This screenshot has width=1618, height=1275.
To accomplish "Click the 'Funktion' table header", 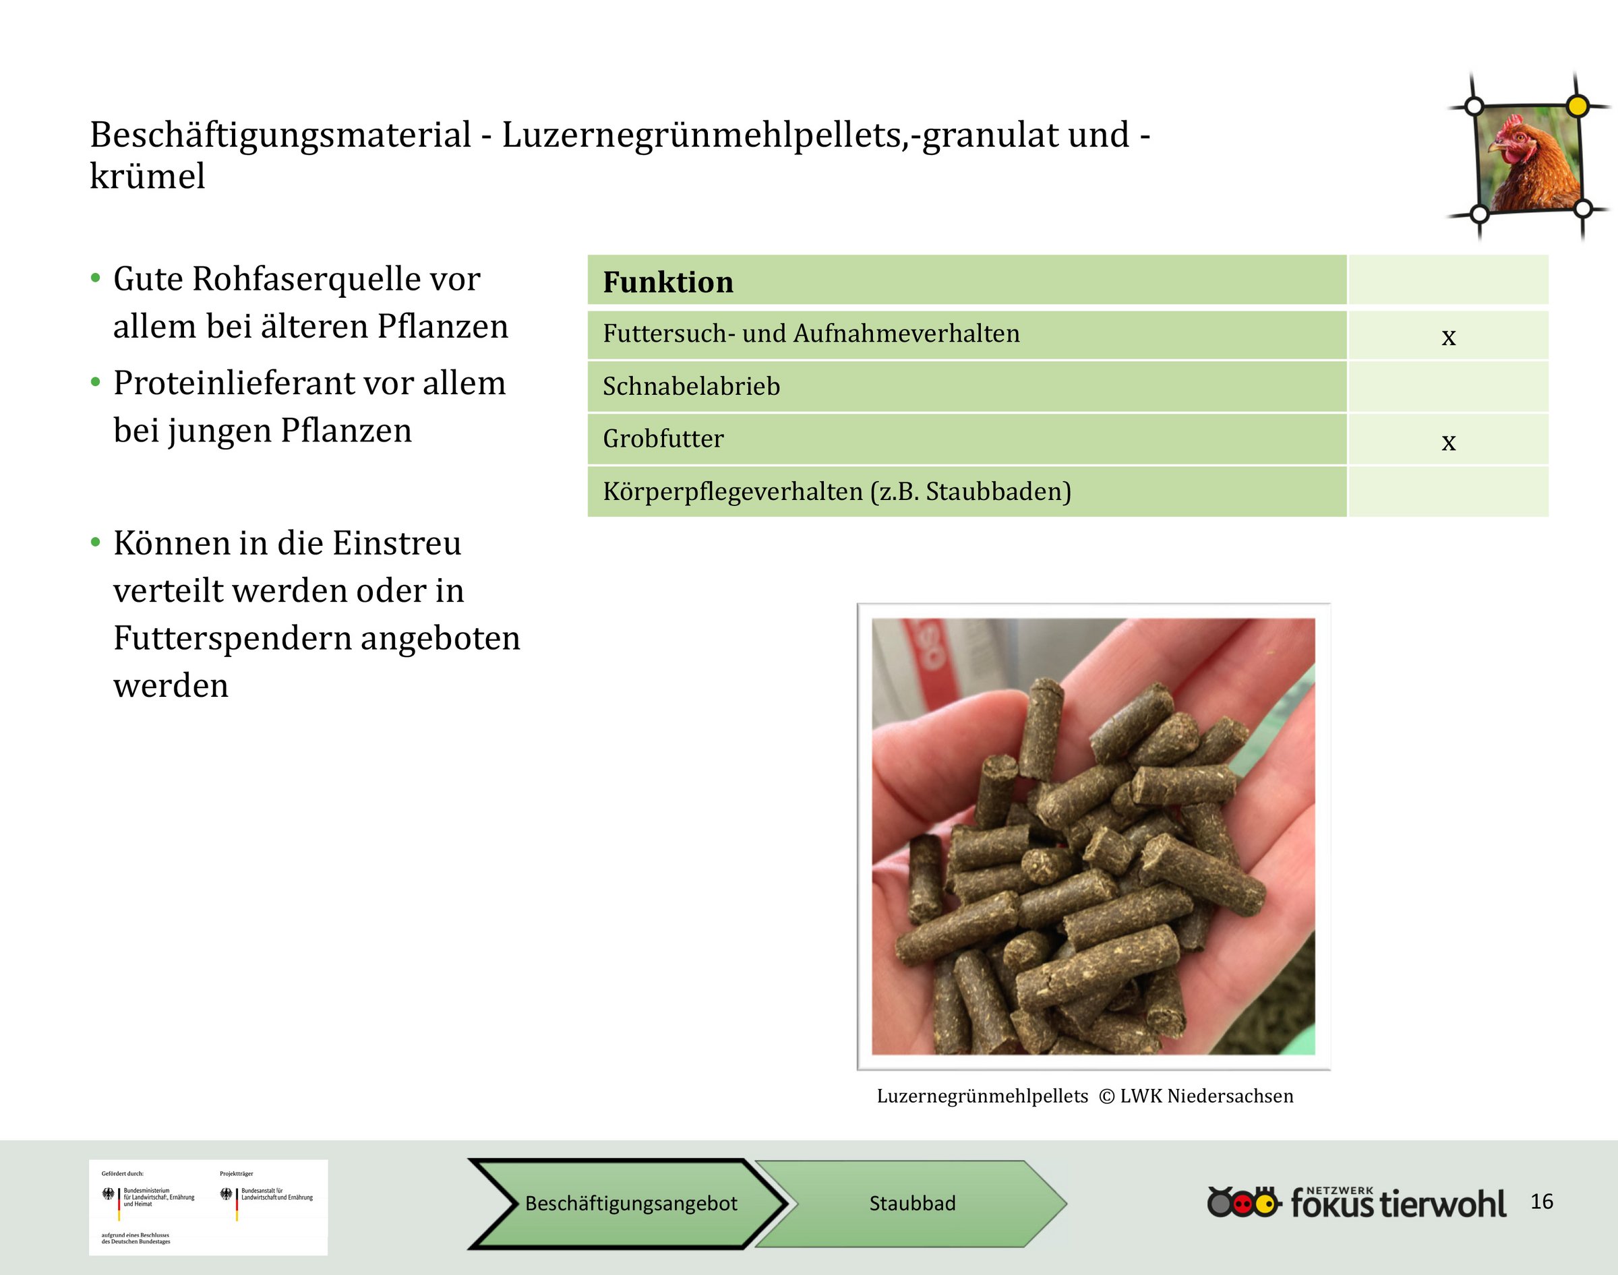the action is pos(668,282).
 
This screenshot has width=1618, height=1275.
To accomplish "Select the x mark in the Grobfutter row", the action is pos(1449,442).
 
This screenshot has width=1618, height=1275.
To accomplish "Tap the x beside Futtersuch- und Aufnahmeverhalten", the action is pos(1449,337).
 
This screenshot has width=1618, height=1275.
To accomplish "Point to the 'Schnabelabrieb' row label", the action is pos(692,386).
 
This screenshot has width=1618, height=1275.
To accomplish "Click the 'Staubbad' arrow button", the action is pos(911,1204).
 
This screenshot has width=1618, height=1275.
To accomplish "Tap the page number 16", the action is pos(1542,1201).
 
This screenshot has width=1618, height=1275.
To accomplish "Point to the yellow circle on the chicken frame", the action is pos(1577,106).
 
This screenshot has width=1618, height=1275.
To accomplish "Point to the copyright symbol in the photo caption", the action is pos(1107,1096).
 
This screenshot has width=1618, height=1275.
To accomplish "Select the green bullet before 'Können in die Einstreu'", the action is pos(96,542).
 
